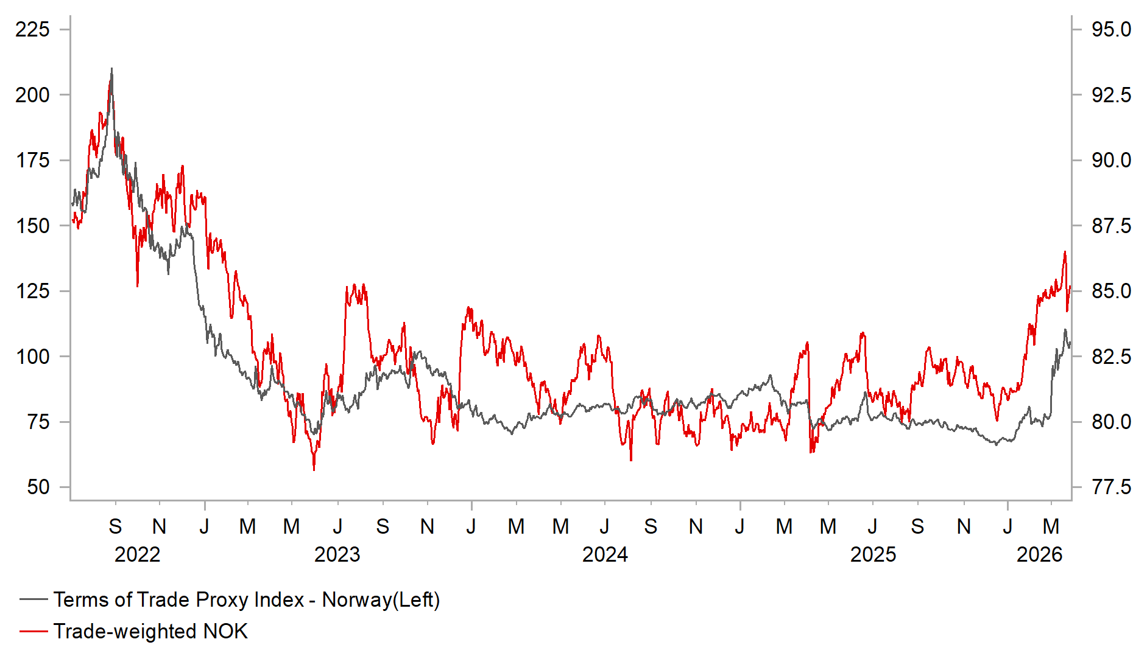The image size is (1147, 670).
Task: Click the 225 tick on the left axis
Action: coord(33,29)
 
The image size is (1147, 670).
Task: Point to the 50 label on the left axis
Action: coord(38,487)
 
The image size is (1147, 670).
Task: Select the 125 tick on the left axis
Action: coord(33,291)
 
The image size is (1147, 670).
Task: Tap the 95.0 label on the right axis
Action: coord(1111,29)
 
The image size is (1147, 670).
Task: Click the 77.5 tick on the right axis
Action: coord(1111,487)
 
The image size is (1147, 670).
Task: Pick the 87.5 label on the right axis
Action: coord(1111,226)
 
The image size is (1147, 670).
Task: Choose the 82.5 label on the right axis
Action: coord(1111,357)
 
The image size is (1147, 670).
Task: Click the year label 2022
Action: coord(137,554)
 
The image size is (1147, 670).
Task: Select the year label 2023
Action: coord(337,554)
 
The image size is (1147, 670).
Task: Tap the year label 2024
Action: coord(605,554)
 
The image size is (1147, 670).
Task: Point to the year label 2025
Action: coord(873,554)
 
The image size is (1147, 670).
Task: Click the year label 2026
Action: coord(1039,554)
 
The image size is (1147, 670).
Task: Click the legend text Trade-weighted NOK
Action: coord(150,631)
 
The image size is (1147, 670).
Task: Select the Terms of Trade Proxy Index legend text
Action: coord(246,600)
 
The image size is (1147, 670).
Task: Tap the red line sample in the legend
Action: coord(34,632)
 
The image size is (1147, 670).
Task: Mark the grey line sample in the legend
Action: coord(34,600)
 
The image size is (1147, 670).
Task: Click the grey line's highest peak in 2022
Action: coord(111,69)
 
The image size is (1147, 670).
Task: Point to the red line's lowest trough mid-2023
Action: coord(314,469)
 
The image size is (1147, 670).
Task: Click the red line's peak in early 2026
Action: coord(1065,252)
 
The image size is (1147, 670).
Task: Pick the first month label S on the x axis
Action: coord(115,526)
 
